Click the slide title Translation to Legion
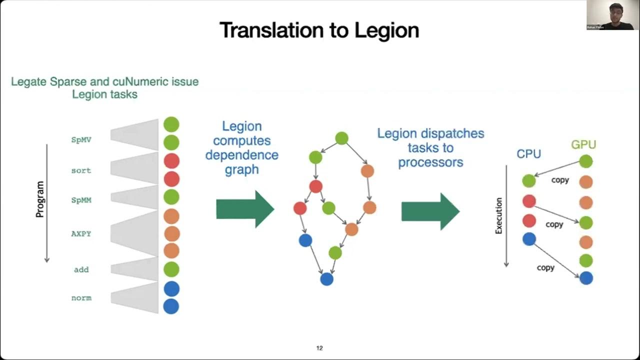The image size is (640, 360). pyautogui.click(x=319, y=30)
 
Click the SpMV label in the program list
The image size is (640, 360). pyautogui.click(x=81, y=140)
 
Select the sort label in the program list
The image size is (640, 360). pyautogui.click(x=81, y=170)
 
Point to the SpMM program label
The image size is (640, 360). pyautogui.click(x=81, y=200)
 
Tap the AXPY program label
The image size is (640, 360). pyautogui.click(x=81, y=233)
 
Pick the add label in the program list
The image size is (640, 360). pyautogui.click(x=81, y=269)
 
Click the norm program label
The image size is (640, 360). pyautogui.click(x=81, y=298)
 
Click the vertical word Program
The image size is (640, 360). pyautogui.click(x=40, y=199)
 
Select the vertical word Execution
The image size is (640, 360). pyautogui.click(x=498, y=215)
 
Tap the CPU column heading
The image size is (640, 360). pyautogui.click(x=529, y=154)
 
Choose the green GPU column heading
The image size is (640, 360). pyautogui.click(x=583, y=145)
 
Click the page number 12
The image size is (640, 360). pyautogui.click(x=319, y=348)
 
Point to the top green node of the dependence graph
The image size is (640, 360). pyautogui.click(x=341, y=138)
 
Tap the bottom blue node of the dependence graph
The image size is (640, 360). pyautogui.click(x=326, y=279)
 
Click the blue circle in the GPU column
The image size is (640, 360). pyautogui.click(x=586, y=278)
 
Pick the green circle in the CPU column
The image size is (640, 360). pyautogui.click(x=529, y=181)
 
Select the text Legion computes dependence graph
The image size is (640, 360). pyautogui.click(x=242, y=148)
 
